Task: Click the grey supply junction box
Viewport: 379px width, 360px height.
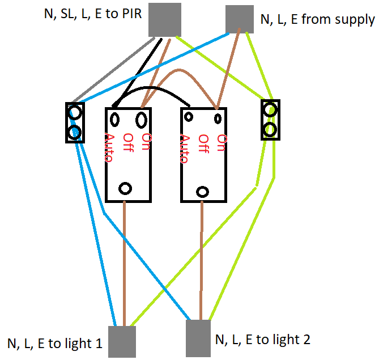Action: [239, 19]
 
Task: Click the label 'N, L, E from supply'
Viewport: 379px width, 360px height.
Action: [317, 20]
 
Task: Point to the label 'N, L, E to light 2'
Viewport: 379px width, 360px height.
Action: [263, 340]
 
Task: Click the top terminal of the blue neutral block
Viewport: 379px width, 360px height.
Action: [74, 112]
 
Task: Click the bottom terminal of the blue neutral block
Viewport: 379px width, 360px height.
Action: [74, 133]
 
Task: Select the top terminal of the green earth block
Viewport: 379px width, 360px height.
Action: [270, 109]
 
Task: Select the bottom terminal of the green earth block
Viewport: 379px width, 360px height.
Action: [270, 130]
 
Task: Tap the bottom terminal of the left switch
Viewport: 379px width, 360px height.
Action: [126, 188]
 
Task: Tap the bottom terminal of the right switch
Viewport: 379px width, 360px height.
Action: [202, 190]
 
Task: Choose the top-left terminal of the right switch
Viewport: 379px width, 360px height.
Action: [189, 117]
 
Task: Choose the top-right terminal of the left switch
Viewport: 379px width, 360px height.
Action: [141, 119]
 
